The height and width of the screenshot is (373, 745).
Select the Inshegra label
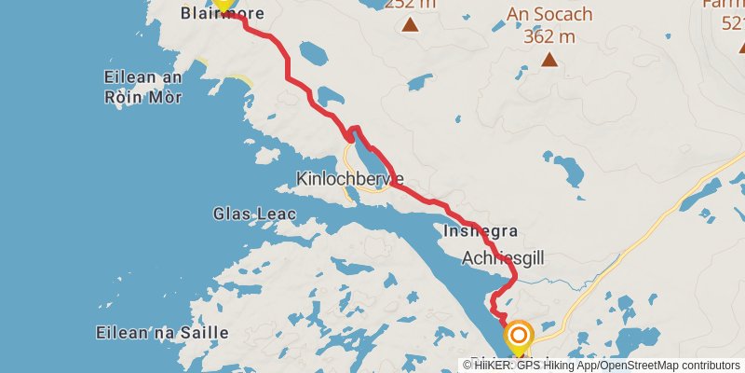point(481,230)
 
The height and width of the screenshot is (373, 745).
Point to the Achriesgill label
point(503,257)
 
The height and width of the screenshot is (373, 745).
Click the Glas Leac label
point(254,214)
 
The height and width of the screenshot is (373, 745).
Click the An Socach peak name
point(549,15)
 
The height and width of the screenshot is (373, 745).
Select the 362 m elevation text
point(549,36)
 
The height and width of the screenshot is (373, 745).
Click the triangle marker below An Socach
point(549,61)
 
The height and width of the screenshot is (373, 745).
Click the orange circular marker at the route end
point(518,335)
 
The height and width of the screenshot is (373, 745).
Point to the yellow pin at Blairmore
point(223,4)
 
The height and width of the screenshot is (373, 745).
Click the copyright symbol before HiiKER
point(467,366)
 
